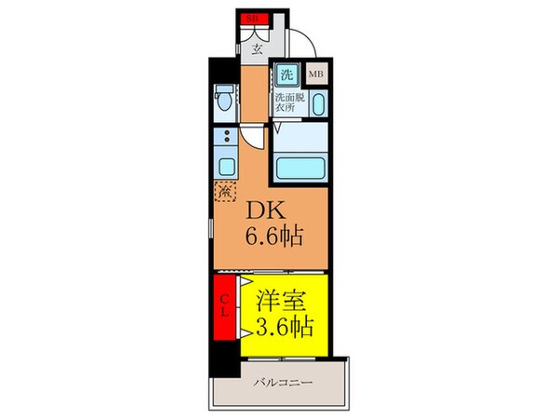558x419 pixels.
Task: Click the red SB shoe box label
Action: pos(252,19)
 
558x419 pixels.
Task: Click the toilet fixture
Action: pos(223,96)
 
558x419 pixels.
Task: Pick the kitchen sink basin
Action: pos(224,169)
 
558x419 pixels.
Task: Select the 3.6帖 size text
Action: pos(279,327)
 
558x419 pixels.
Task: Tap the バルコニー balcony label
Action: pos(281,382)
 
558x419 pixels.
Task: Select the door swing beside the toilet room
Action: pos(251,140)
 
